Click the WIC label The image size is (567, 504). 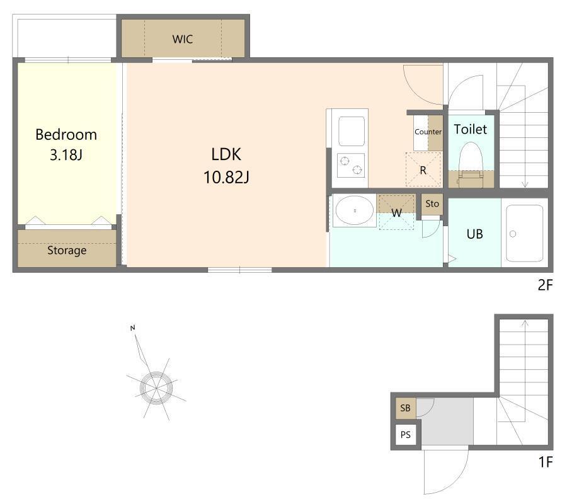(x=183, y=39)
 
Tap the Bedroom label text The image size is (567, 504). (x=66, y=135)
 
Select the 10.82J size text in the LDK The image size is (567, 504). (x=226, y=177)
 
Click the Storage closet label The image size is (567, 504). (x=67, y=250)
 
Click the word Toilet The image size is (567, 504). (x=471, y=129)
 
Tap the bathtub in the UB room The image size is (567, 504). (x=524, y=233)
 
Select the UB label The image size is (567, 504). (x=475, y=234)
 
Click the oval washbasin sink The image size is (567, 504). (x=355, y=211)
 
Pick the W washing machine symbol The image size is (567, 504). (x=396, y=212)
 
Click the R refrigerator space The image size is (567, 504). (x=423, y=169)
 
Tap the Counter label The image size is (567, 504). (x=428, y=132)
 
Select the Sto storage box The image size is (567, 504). (x=432, y=204)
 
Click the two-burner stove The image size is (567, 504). (x=351, y=165)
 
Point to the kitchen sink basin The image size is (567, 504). (x=351, y=131)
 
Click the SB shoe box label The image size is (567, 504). (x=405, y=408)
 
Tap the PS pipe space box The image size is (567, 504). (x=406, y=435)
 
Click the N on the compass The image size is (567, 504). (x=133, y=328)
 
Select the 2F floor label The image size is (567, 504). (x=546, y=285)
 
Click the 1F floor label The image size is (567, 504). (x=546, y=462)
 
